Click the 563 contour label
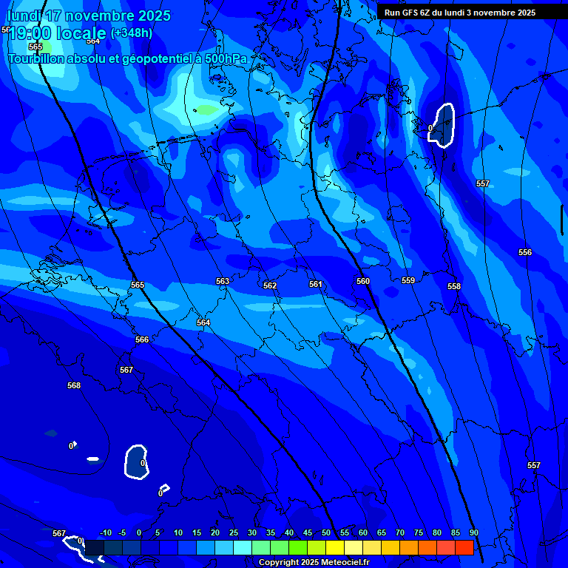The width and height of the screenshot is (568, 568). [x=223, y=281]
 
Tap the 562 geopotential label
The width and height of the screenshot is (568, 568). [x=270, y=285]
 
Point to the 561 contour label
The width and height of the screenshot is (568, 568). [x=316, y=284]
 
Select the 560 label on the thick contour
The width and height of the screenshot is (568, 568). [x=362, y=281]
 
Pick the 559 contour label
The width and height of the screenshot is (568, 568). [x=408, y=280]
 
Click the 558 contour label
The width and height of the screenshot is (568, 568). [x=454, y=286]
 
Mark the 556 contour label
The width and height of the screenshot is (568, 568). [x=525, y=252]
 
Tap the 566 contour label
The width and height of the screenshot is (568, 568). [x=142, y=339]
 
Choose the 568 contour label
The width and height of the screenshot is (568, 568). [x=74, y=385]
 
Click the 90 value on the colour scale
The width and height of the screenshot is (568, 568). [x=473, y=532]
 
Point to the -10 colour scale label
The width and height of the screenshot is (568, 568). [x=105, y=532]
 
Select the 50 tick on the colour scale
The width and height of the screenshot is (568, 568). [x=326, y=532]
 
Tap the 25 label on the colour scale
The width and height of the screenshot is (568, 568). [x=234, y=532]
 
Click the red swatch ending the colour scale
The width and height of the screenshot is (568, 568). [x=464, y=547]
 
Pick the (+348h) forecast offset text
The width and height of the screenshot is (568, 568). [x=132, y=33]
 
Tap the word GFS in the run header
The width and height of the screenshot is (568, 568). [x=410, y=13]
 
